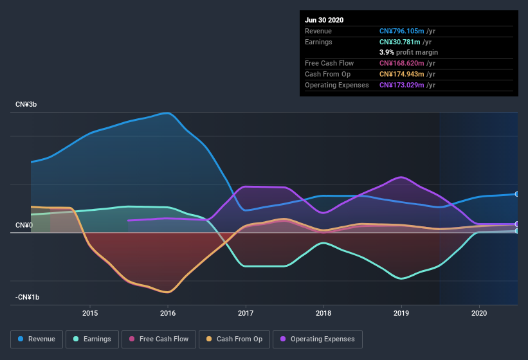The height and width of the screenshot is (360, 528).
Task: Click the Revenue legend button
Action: (x=37, y=339)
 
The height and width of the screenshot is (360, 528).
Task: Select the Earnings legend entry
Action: (x=93, y=339)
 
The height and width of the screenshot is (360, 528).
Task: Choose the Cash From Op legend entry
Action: (x=234, y=339)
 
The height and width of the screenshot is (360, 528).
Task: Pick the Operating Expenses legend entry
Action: (x=317, y=339)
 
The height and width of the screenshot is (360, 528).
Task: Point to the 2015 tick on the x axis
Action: (x=90, y=313)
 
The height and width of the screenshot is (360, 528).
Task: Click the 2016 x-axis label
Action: (x=168, y=313)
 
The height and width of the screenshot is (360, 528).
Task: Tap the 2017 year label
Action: (x=246, y=313)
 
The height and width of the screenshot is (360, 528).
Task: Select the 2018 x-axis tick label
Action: (x=323, y=313)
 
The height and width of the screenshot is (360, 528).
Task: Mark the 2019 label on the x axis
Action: (x=401, y=313)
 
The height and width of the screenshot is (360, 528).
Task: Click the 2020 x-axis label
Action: (x=479, y=313)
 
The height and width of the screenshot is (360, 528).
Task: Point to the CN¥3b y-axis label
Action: (x=26, y=104)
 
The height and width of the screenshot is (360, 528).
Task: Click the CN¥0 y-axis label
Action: (x=24, y=225)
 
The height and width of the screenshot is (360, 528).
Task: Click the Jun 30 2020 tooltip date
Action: (x=324, y=20)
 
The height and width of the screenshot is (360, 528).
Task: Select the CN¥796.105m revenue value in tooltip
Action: (x=402, y=31)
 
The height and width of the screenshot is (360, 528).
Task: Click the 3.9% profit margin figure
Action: (x=387, y=52)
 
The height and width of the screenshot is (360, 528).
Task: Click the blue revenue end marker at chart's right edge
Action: (x=517, y=194)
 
